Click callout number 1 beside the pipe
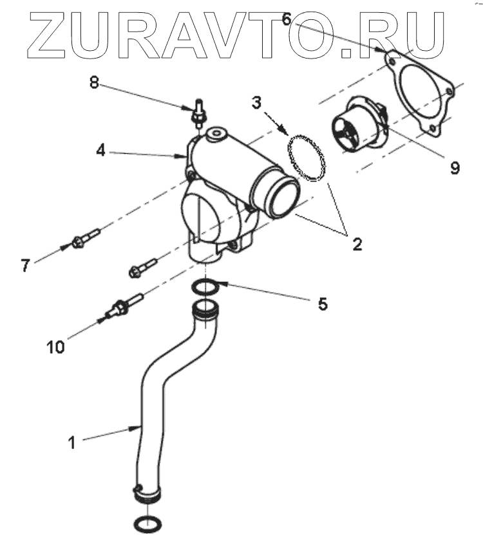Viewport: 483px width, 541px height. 72,442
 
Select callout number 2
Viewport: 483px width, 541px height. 356,244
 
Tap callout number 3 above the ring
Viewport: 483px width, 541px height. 256,102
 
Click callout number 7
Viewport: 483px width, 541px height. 25,265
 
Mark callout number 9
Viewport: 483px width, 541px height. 454,168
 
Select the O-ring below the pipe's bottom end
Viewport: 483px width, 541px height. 146,524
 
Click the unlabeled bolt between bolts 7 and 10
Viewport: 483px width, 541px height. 144,266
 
